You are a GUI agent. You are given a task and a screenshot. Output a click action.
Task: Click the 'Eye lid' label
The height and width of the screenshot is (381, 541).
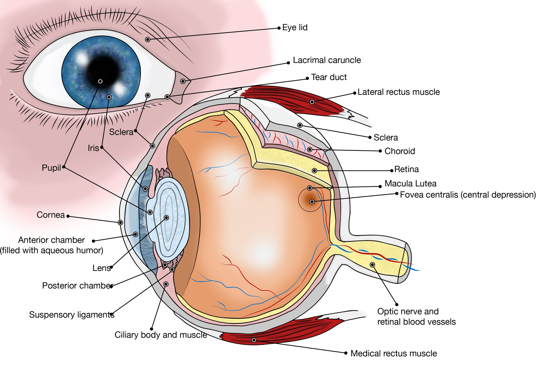click(295, 28)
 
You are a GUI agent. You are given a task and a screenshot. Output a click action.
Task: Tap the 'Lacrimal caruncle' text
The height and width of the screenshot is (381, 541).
click(327, 60)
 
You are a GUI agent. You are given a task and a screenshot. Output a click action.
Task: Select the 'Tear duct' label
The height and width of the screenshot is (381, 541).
click(329, 77)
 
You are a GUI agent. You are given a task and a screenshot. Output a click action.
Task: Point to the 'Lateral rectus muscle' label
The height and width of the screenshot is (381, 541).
click(398, 92)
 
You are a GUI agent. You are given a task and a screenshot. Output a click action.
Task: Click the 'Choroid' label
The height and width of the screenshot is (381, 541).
click(400, 151)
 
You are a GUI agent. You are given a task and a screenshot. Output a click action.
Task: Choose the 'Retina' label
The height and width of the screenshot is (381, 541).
click(406, 169)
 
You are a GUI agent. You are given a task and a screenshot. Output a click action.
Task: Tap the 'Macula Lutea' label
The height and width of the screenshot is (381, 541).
click(410, 184)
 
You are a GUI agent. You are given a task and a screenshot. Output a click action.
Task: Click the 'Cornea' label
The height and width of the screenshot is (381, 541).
click(51, 215)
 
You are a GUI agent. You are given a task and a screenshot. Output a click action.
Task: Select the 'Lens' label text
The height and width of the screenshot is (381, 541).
click(101, 268)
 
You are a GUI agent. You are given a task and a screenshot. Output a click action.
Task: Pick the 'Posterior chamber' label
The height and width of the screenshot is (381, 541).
click(77, 286)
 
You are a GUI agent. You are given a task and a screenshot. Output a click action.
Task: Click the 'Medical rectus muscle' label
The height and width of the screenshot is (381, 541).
click(394, 353)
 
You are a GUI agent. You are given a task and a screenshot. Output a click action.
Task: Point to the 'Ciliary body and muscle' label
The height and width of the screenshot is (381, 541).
click(161, 335)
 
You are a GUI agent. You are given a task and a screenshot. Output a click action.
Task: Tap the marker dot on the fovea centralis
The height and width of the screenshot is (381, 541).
click(312, 202)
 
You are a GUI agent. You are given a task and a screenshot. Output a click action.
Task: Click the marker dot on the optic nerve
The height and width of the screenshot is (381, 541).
click(372, 265)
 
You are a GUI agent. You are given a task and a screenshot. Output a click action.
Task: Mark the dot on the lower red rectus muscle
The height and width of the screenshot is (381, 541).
click(254, 340)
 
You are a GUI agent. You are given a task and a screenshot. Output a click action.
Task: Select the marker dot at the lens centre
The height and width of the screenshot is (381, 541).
click(166, 218)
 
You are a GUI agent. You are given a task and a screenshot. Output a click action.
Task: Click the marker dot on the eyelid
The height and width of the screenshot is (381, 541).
click(148, 40)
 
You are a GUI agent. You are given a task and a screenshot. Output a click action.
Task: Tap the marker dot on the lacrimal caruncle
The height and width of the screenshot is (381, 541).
click(183, 81)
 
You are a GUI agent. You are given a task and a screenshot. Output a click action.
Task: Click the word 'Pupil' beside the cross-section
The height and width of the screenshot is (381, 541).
click(51, 168)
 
